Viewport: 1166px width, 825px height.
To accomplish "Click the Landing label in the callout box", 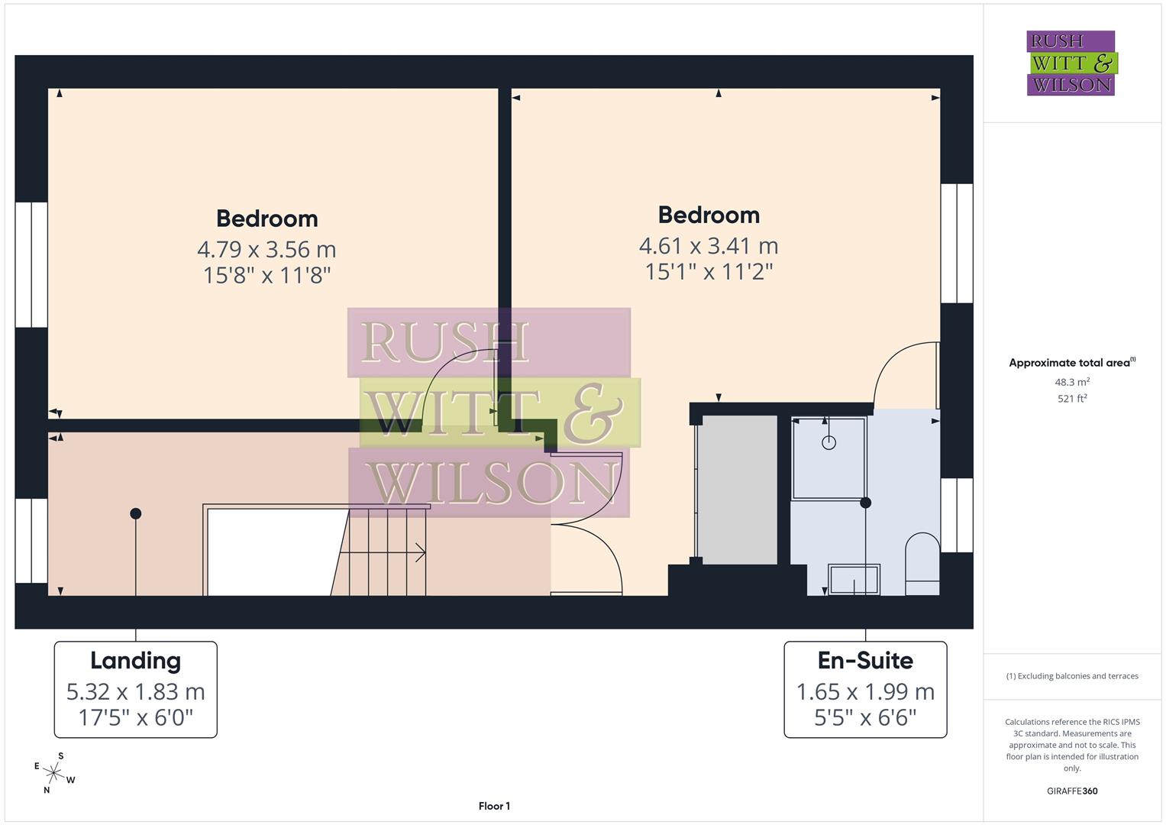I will pos(135,661).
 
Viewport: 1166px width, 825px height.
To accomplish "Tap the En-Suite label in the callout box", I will pos(865,661).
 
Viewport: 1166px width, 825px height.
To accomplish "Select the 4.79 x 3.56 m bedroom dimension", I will pos(266,249).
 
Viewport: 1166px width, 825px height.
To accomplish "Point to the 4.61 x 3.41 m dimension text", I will pos(709,246).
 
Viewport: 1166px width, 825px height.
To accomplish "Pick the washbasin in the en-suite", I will pos(854,579).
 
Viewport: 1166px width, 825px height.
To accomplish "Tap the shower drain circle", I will pos(829,442).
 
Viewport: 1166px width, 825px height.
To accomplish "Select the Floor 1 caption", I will pos(494,806).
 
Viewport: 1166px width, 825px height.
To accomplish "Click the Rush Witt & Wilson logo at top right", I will pos(1071,63).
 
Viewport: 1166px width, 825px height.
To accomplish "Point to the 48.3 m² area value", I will pos(1072,382).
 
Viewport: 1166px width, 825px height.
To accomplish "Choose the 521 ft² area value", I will pos(1072,398).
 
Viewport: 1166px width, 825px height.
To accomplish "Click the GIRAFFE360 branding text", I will pos(1072,791).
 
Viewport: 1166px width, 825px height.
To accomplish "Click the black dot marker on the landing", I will pos(136,513).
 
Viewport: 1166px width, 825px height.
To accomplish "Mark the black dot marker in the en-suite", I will pos(865,503).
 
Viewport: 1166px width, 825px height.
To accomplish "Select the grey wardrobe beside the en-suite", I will pos(738,490).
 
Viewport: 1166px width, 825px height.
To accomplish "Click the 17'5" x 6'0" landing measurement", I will pos(135,718).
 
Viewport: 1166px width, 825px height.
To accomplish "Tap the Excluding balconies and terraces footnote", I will pos(1072,676).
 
